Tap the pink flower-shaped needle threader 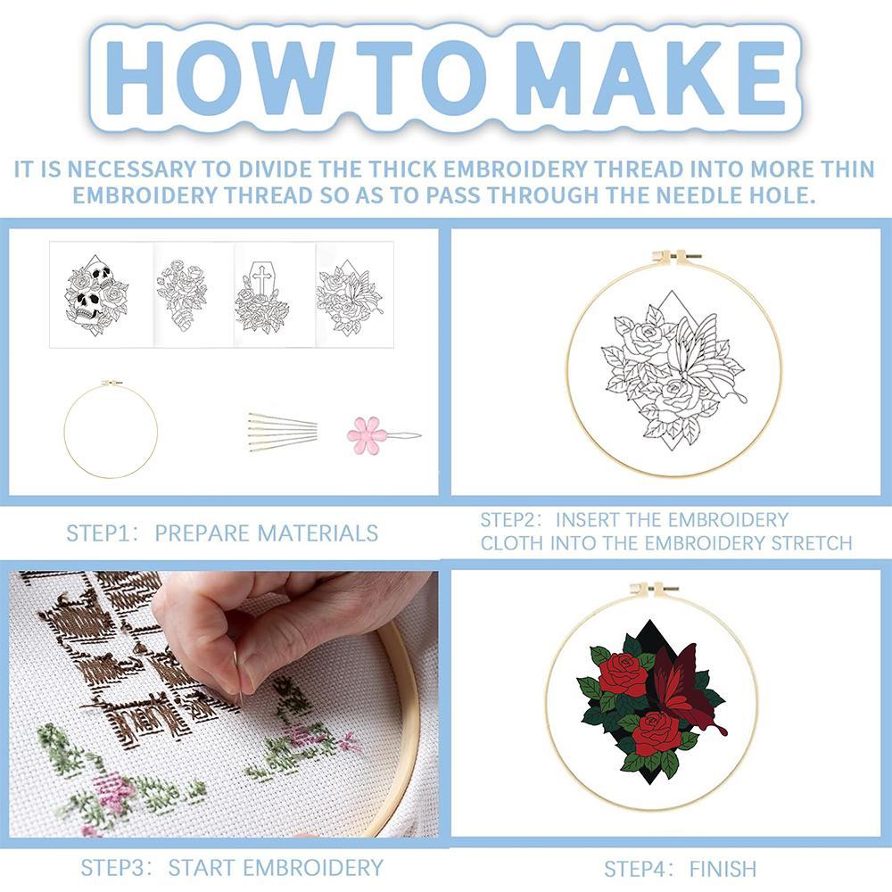coord(368,435)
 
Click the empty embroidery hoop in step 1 coord(111,429)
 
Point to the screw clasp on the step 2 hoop coord(677,257)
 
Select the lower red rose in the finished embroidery coord(656,731)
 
